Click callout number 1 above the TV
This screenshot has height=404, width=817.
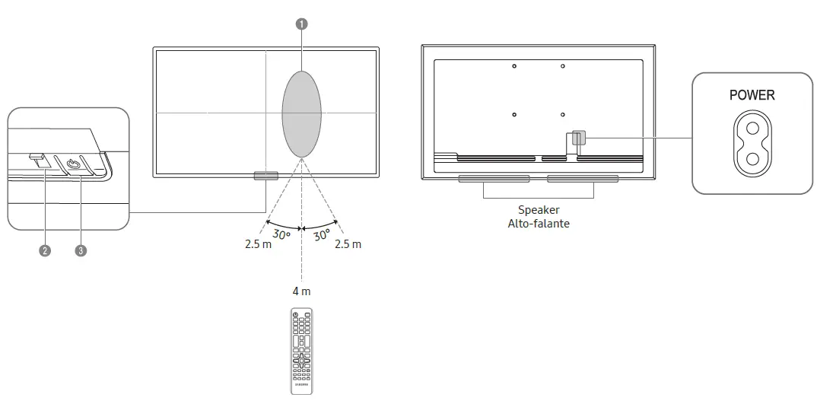pyautogui.click(x=302, y=24)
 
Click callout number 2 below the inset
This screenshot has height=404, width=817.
pyautogui.click(x=45, y=250)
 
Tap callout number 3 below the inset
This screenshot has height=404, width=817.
pyautogui.click(x=81, y=250)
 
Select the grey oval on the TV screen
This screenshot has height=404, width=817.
pyautogui.click(x=302, y=113)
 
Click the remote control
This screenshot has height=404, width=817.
pyautogui.click(x=301, y=351)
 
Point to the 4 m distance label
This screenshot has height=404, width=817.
pyautogui.click(x=301, y=291)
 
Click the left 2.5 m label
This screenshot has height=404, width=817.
pyautogui.click(x=258, y=244)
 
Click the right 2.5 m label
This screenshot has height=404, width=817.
pyautogui.click(x=348, y=244)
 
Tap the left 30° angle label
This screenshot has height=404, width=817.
pyautogui.click(x=281, y=235)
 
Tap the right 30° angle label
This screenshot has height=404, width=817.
pyautogui.click(x=322, y=235)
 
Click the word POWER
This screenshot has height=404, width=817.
pyautogui.click(x=752, y=95)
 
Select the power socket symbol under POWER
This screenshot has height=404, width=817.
pyautogui.click(x=752, y=143)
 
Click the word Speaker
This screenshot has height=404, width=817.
pyautogui.click(x=539, y=210)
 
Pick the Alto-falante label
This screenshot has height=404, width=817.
pyautogui.click(x=539, y=223)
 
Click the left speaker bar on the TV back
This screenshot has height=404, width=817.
pyautogui.click(x=494, y=179)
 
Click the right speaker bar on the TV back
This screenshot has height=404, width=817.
pyautogui.click(x=582, y=179)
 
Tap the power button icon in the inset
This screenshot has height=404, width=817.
pyautogui.click(x=74, y=164)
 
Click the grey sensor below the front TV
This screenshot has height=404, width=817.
pyautogui.click(x=265, y=176)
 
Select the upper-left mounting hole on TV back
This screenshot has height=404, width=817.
pyautogui.click(x=514, y=66)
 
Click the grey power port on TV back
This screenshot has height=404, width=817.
pyautogui.click(x=578, y=138)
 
